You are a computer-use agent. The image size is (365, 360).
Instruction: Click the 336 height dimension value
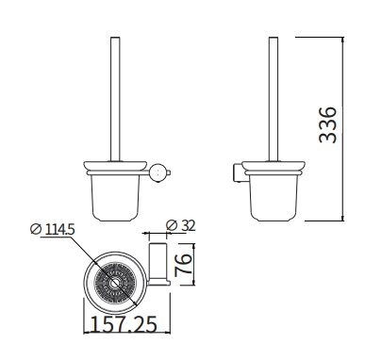327,124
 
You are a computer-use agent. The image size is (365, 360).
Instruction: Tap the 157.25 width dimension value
124,324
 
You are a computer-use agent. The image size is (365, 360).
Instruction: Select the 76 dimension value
183,265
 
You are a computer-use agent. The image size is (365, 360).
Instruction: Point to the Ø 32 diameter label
180,225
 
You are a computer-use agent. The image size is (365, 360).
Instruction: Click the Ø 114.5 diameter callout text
52,230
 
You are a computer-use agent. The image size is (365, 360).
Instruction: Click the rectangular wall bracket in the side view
239,172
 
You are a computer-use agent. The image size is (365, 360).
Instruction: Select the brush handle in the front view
115,100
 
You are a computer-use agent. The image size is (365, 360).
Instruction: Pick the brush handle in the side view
274,100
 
